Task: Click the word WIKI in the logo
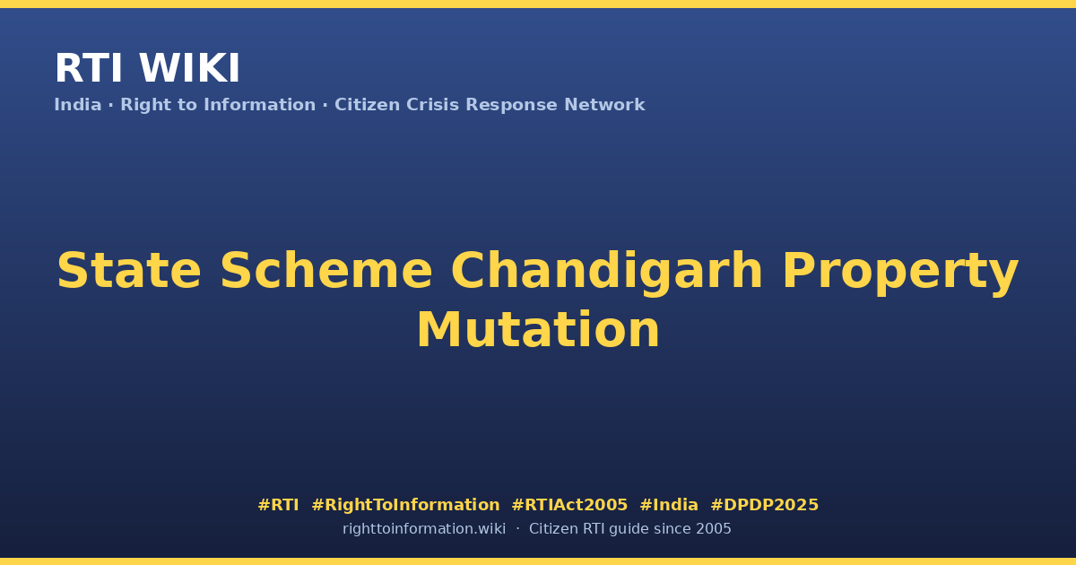click(189, 68)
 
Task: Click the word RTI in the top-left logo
click(89, 68)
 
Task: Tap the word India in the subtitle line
click(78, 104)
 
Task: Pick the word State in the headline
click(129, 271)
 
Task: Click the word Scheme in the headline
click(326, 271)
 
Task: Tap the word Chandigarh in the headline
click(607, 273)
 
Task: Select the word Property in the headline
click(900, 273)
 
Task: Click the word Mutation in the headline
click(538, 330)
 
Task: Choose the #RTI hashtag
click(278, 505)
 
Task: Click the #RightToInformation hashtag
click(405, 505)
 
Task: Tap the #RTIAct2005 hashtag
click(569, 505)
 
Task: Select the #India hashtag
click(669, 505)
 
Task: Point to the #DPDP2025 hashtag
click(764, 505)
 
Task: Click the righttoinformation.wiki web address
click(423, 529)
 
